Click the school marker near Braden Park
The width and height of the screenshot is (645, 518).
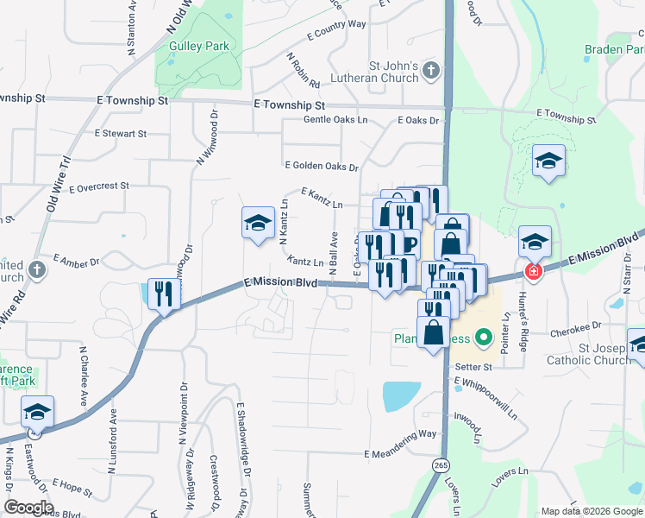[x=548, y=161]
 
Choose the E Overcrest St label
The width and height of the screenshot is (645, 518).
[x=99, y=186]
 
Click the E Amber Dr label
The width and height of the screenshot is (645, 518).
[x=76, y=259]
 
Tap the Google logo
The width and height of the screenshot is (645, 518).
[x=28, y=508]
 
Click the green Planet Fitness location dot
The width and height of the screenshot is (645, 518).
[x=484, y=337]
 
